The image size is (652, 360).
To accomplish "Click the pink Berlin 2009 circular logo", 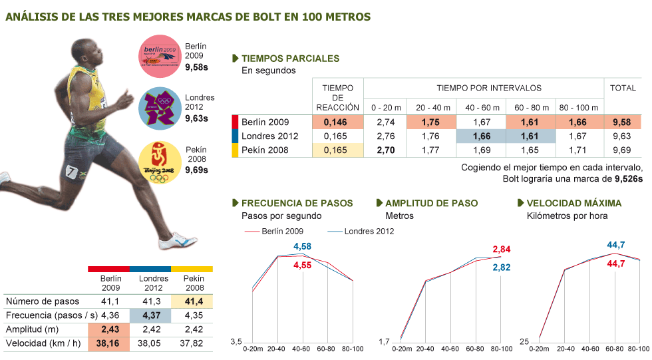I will point(160,57).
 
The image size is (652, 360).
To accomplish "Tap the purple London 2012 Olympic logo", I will point(160,108).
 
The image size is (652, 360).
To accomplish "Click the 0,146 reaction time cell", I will point(337,122).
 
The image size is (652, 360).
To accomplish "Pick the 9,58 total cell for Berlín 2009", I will point(623,122).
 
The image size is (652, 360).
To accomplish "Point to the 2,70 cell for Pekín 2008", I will point(386,150).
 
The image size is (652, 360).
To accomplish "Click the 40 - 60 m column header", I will point(482,107).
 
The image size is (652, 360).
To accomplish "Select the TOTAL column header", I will point(623,89).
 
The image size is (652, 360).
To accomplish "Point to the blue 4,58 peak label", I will point(302,247).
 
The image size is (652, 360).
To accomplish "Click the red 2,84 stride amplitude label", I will point(502,250).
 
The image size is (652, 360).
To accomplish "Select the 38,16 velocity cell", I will point(110,344).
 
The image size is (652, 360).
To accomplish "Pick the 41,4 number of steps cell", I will point(192,301).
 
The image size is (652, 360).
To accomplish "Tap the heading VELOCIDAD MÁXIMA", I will point(573,203).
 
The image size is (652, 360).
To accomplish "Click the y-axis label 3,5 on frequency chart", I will point(236,342).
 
